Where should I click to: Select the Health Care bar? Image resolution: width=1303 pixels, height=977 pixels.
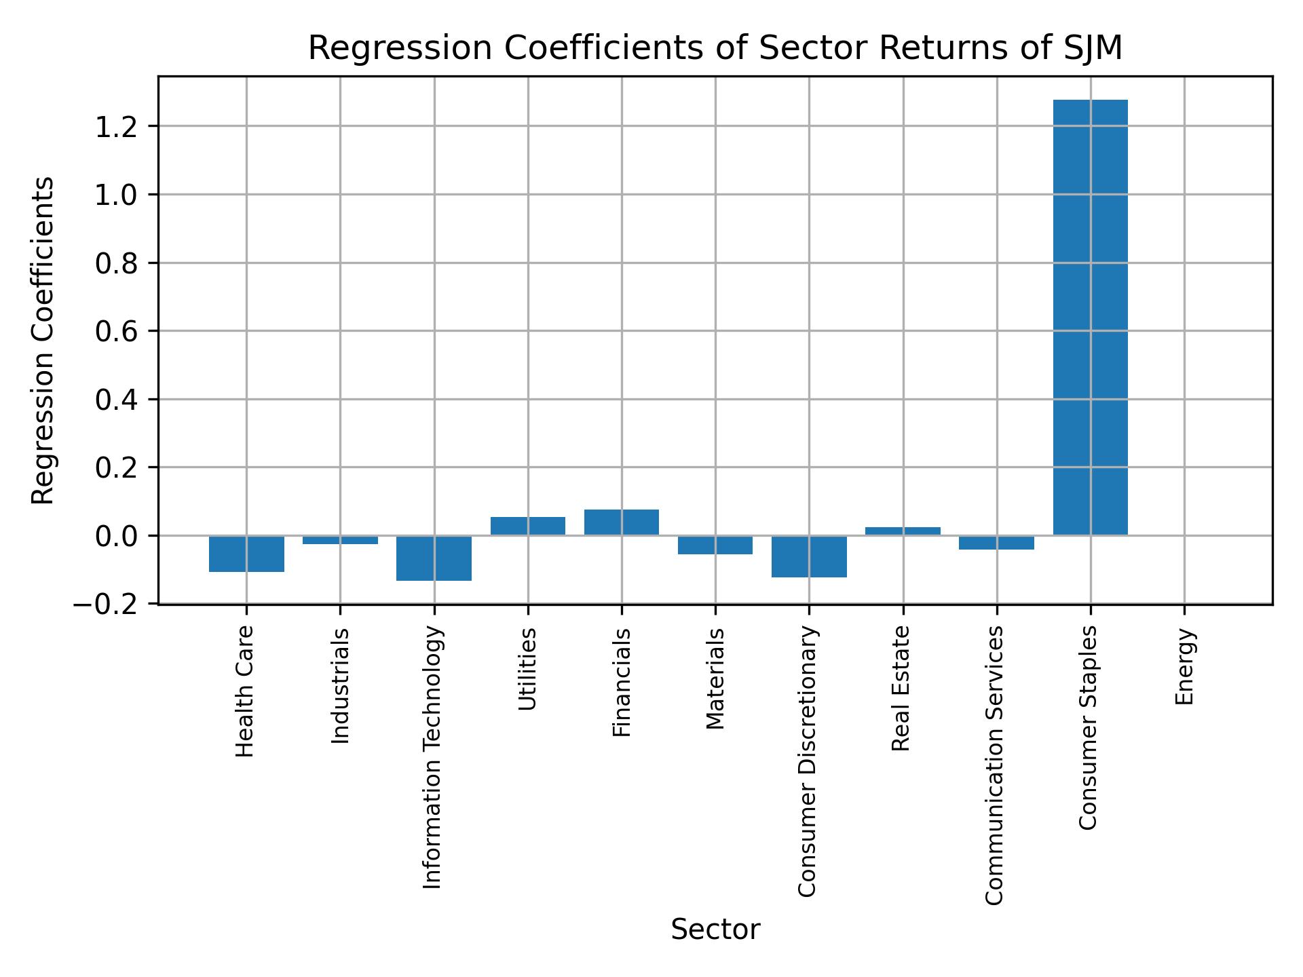(246, 554)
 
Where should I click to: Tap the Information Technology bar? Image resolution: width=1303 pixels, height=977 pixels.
(434, 558)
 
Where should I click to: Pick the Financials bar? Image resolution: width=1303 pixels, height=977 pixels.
(622, 522)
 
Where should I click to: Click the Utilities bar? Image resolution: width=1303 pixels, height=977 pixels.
(528, 526)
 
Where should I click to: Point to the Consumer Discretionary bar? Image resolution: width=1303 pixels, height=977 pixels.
(809, 556)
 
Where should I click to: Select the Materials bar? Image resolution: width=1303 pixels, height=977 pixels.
(715, 545)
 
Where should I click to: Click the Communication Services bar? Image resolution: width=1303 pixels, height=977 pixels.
(996, 542)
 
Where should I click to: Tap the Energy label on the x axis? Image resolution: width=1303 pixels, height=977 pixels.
(1184, 667)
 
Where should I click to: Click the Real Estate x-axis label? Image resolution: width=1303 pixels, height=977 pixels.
(901, 689)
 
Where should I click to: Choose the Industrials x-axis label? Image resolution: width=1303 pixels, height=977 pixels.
(340, 686)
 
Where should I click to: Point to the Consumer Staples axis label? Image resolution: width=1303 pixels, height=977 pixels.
(1088, 727)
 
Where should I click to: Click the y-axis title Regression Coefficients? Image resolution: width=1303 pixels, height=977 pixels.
(43, 341)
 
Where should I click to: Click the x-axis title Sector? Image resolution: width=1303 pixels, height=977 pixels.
(715, 930)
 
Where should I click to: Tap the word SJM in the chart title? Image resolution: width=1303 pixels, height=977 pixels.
(1089, 49)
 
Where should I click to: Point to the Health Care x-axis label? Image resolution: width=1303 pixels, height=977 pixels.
(244, 691)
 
